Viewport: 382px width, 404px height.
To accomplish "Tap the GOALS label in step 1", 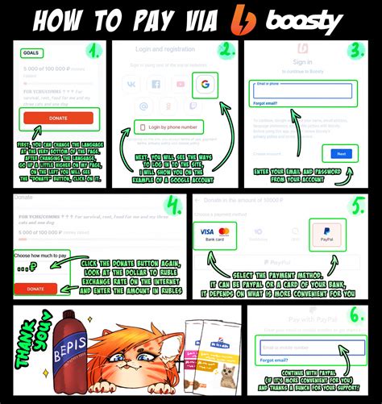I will (x=31, y=53).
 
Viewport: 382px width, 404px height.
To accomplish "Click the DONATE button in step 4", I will (x=35, y=288).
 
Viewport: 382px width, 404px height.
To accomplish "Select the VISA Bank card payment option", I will (x=214, y=235).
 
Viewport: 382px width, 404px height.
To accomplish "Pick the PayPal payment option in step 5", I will (x=326, y=235).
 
